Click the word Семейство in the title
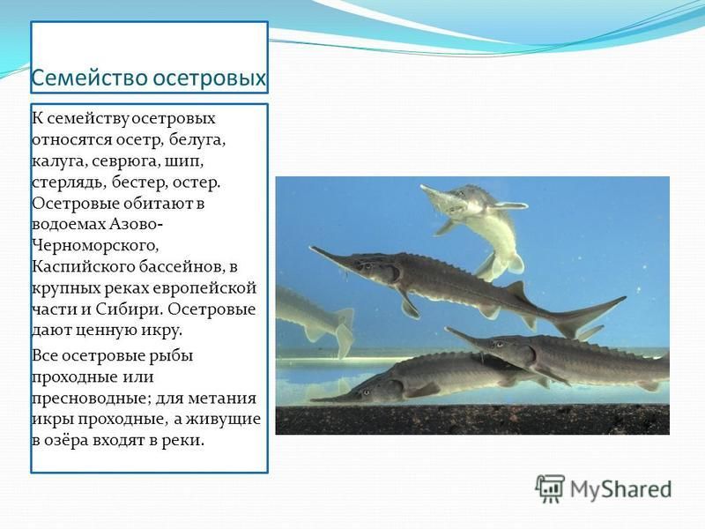pos(90,78)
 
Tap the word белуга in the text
pos(197,140)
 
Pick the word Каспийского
pos(82,267)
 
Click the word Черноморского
pos(95,246)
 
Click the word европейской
pos(204,288)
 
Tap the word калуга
pos(59,161)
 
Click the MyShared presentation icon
pos(549,488)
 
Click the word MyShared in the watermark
pos(621,489)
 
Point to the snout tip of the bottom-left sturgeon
pos(312,399)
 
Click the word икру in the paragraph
pos(161,331)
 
